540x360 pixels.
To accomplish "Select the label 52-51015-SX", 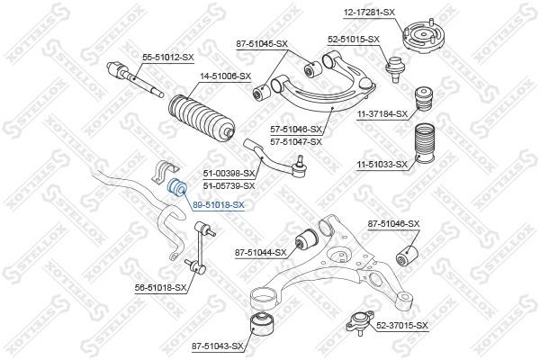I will [354, 40].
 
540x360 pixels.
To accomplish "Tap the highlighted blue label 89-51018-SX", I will [218, 205].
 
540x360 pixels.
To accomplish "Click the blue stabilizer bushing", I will [177, 188].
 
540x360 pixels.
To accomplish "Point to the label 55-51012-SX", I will [168, 58].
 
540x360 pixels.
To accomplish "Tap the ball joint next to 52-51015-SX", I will [393, 67].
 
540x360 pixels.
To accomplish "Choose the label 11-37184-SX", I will [382, 113].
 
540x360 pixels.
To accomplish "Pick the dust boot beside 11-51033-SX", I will [421, 151].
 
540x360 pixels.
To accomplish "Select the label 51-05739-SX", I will [229, 185].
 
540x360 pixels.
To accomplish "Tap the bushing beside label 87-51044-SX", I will [306, 239].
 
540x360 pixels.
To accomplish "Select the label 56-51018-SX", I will [160, 287].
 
